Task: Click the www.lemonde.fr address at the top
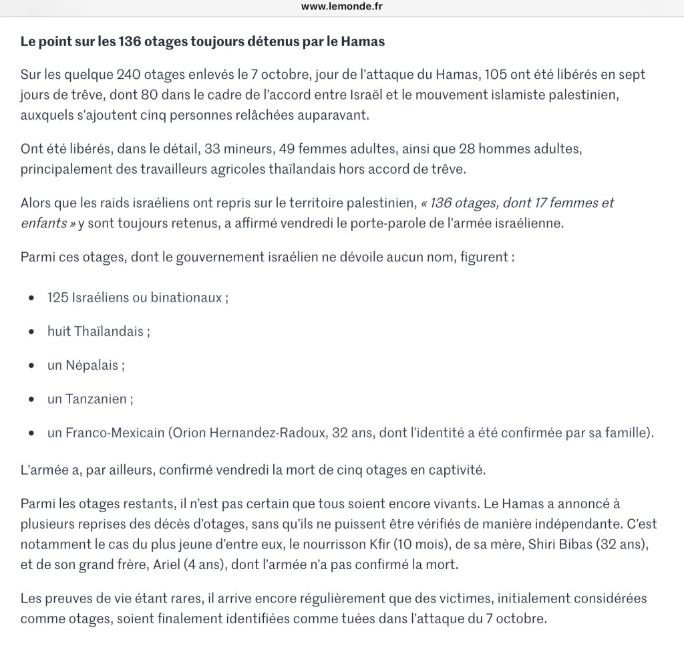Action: pyautogui.click(x=342, y=7)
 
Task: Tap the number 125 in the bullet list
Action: pyautogui.click(x=57, y=298)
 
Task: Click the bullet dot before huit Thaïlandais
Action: pyautogui.click(x=32, y=332)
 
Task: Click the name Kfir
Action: pyautogui.click(x=424, y=544)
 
